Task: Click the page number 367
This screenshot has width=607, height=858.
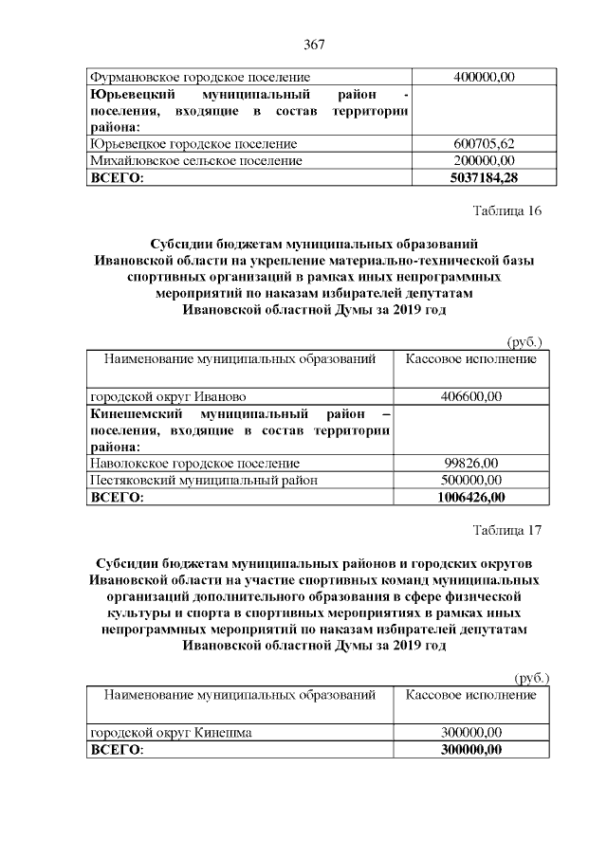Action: [x=314, y=45]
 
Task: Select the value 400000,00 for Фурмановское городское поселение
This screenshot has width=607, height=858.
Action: [x=471, y=77]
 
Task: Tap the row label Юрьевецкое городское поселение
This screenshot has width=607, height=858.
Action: [x=193, y=144]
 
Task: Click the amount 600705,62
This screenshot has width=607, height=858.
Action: [x=471, y=144]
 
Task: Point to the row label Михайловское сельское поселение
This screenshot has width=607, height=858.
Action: [x=195, y=161]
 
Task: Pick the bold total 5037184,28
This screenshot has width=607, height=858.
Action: [x=471, y=177]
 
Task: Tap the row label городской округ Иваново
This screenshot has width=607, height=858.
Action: [x=169, y=396]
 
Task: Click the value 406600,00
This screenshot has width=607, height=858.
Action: [x=471, y=396]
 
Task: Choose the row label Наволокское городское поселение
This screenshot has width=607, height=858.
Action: [x=195, y=463]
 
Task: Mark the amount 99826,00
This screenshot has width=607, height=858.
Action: [x=471, y=463]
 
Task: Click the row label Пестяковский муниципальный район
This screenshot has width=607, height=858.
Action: [x=202, y=480]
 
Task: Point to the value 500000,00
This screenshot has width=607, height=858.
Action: [x=471, y=480]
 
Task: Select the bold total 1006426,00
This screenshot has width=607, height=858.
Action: [x=471, y=497]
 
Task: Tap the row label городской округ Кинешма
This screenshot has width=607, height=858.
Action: [x=171, y=733]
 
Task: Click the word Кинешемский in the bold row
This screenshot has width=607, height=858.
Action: [x=133, y=413]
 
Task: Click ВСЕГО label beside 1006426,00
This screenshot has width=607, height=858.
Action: [x=116, y=497]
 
